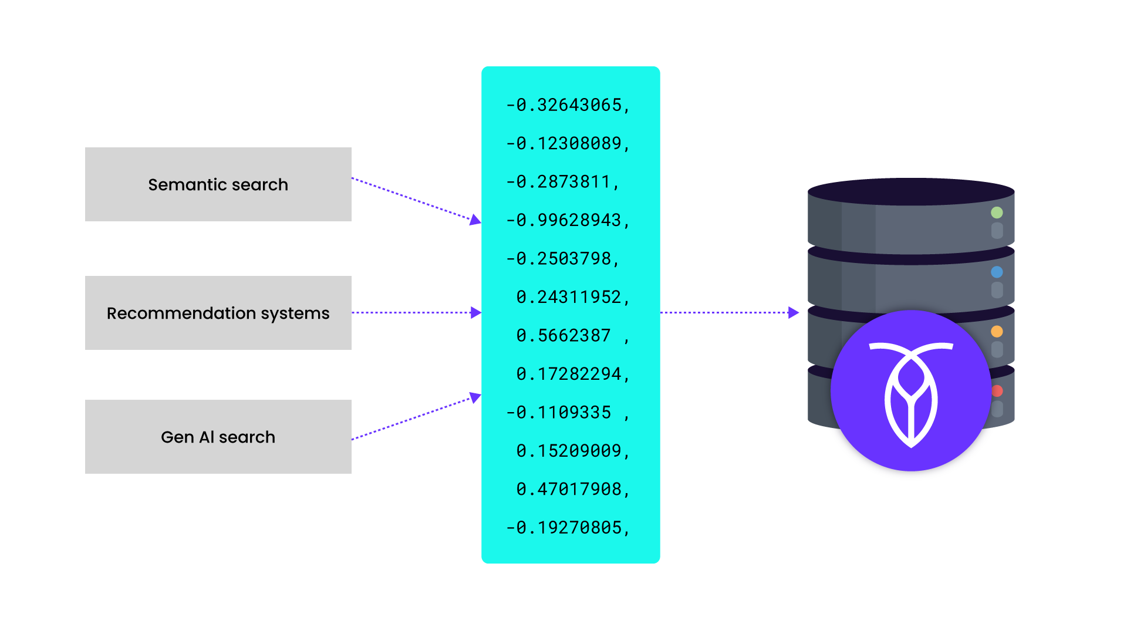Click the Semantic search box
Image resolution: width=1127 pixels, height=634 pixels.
(218, 184)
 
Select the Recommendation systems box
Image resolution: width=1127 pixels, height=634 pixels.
(218, 313)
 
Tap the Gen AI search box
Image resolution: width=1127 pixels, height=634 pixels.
(218, 437)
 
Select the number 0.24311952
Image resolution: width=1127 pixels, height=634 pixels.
(572, 297)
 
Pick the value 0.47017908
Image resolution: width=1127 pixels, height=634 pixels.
(572, 489)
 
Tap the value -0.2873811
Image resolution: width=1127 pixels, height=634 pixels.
(562, 182)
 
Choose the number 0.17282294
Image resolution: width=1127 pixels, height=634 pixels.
(572, 374)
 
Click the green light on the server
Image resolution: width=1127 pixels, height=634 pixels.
(997, 213)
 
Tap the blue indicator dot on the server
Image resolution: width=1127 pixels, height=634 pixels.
(997, 272)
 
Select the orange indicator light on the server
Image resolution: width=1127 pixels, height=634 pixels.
(997, 331)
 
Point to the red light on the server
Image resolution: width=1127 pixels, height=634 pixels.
(997, 390)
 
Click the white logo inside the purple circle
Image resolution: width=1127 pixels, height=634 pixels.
(911, 393)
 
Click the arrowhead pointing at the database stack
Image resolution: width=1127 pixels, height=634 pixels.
(794, 313)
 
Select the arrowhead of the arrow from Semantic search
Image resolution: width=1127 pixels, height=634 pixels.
(475, 220)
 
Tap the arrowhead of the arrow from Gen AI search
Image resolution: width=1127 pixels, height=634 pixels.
(475, 397)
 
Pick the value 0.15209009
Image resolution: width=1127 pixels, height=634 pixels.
(572, 451)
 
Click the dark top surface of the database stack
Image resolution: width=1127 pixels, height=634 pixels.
(911, 191)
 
